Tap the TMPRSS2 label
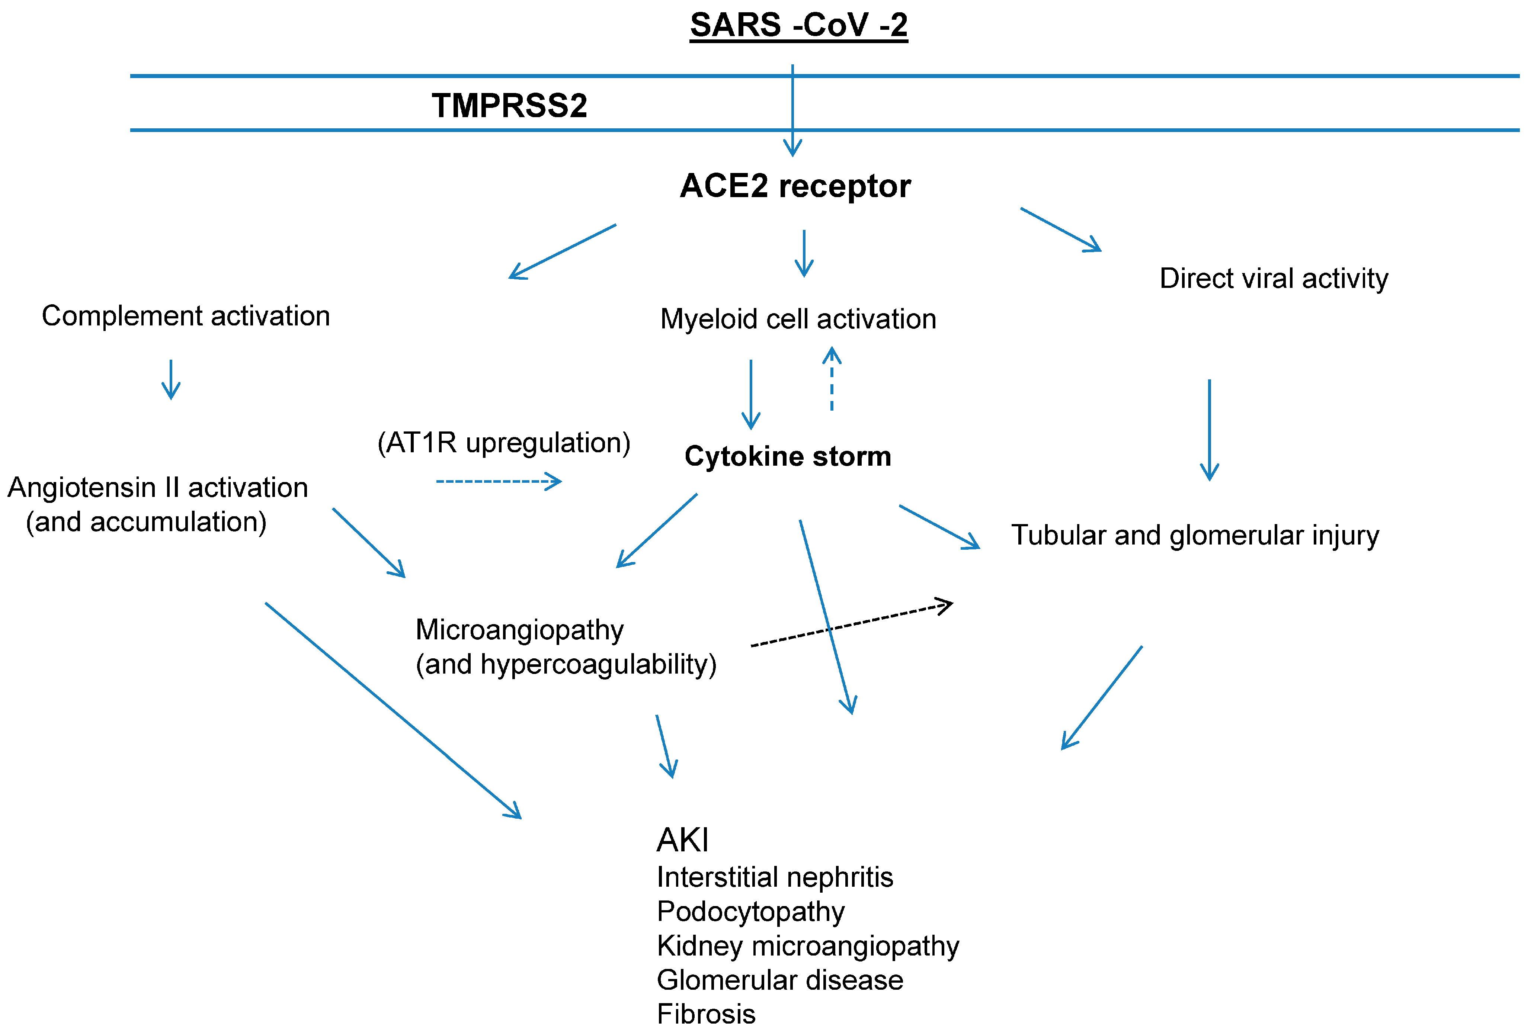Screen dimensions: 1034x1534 tap(509, 106)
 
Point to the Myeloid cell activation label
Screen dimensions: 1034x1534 tap(798, 319)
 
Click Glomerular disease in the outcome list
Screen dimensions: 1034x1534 tap(779, 980)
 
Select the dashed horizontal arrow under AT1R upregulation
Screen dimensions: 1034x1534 tap(498, 481)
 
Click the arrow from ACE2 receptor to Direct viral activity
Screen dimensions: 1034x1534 tap(1060, 229)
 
